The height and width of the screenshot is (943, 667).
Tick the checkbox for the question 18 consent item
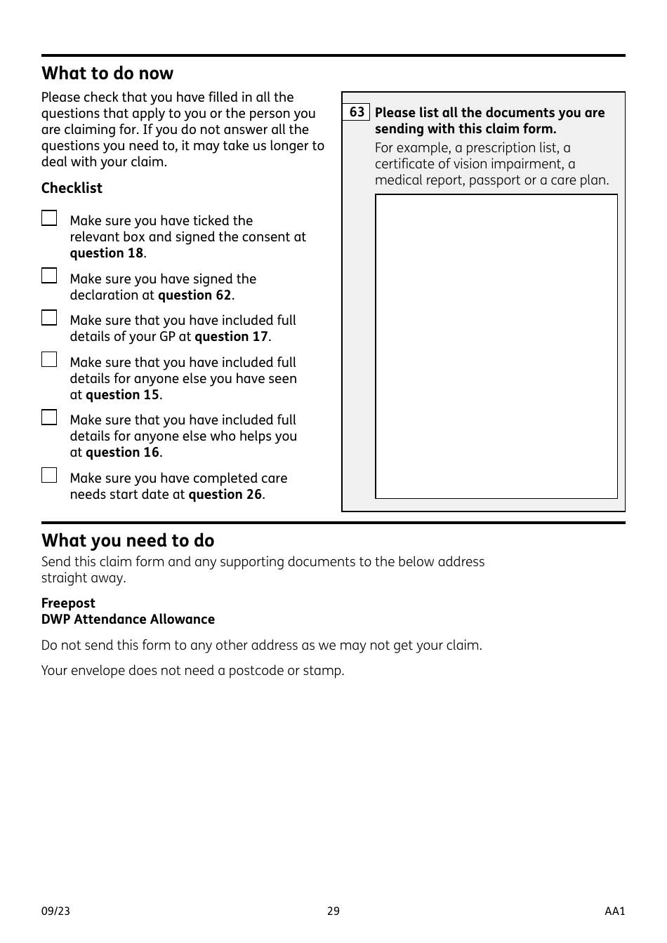click(49, 218)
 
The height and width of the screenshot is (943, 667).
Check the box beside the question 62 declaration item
click(49, 276)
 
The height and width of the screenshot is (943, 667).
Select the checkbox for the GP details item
click(49, 318)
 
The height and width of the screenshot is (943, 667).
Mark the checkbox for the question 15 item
click(49, 360)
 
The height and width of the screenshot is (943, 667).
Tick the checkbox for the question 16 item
click(49, 417)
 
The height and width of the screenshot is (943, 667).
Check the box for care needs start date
click(49, 476)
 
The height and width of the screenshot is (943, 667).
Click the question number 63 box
click(357, 112)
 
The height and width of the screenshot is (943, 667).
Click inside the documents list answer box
click(496, 346)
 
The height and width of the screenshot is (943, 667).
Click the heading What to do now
click(107, 74)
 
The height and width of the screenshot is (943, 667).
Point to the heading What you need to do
click(128, 541)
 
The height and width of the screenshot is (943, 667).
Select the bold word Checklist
click(72, 188)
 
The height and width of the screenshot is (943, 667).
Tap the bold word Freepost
click(68, 603)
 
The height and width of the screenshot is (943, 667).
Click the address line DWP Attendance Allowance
click(128, 620)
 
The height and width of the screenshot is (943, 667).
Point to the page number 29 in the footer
click(333, 911)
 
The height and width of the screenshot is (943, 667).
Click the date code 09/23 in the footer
click(55, 911)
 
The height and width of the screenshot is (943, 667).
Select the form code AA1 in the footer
click(614, 911)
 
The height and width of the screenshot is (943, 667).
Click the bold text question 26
click(225, 495)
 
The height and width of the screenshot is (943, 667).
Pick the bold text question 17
click(231, 337)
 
